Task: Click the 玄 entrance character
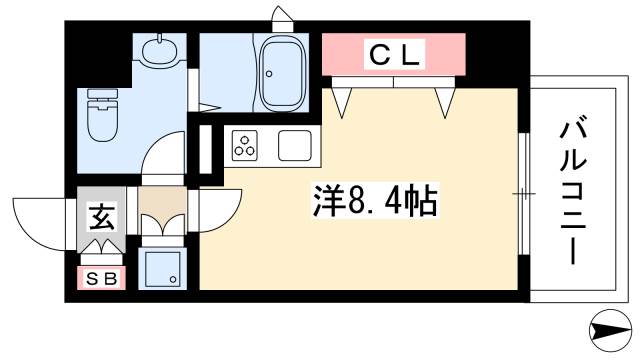(x=101, y=215)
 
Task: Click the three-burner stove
(x=246, y=146)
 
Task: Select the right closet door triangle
(x=444, y=99)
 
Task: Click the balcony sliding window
(x=523, y=190)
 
